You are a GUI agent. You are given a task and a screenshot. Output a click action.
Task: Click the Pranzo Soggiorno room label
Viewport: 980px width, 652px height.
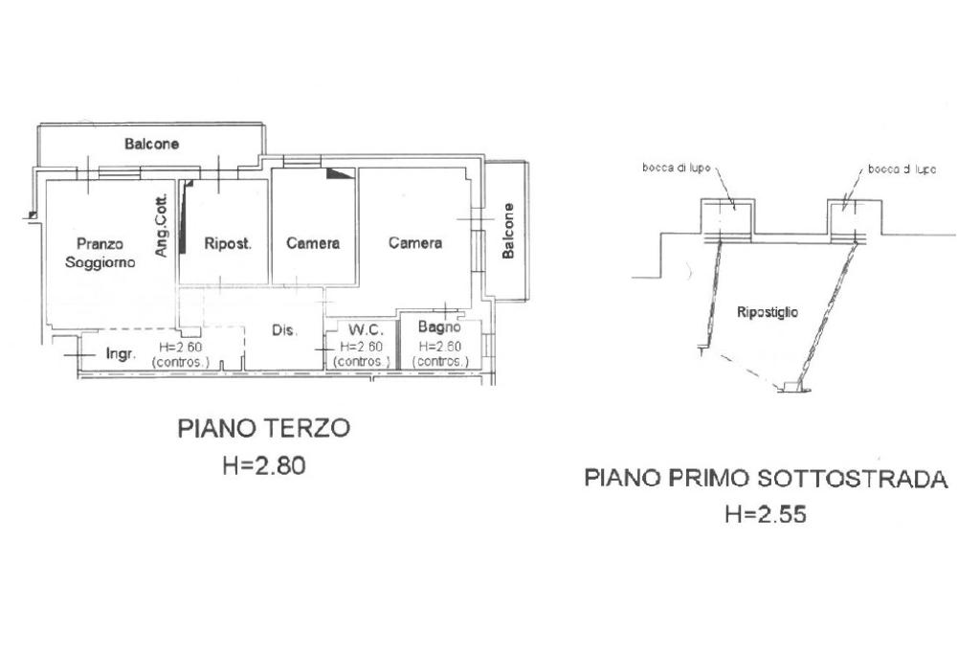tap(100, 253)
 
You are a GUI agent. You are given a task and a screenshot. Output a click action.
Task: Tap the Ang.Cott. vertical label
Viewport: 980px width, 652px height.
tap(161, 225)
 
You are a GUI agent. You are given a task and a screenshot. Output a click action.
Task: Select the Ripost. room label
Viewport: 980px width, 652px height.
tap(228, 244)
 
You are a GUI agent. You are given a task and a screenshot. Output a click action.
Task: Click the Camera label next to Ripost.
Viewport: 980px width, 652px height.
tap(313, 243)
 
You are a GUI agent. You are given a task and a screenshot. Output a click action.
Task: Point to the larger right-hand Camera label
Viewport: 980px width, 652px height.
tap(415, 242)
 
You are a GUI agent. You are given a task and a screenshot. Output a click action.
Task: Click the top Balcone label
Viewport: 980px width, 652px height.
tap(152, 144)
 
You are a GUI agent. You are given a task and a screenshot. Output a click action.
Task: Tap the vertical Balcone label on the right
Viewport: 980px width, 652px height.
tap(508, 231)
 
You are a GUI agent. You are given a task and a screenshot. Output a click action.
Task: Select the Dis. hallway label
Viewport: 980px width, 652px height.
tap(284, 330)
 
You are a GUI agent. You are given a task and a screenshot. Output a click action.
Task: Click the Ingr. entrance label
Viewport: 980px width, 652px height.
tap(121, 354)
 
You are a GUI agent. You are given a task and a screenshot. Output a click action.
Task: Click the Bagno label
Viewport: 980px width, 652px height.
tap(439, 326)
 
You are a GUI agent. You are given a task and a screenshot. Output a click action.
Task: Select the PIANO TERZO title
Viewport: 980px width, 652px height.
tap(264, 429)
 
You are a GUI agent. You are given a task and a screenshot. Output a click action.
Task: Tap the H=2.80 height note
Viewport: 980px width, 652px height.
tap(264, 465)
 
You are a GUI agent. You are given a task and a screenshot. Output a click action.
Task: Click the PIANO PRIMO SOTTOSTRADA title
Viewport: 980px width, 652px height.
tap(767, 479)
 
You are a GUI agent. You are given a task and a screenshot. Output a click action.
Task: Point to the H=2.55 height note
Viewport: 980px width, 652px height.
tap(766, 514)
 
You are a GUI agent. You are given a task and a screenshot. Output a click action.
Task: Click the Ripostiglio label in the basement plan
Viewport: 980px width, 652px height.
tap(768, 312)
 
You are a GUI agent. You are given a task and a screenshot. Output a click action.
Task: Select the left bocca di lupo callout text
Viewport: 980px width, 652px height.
tap(677, 168)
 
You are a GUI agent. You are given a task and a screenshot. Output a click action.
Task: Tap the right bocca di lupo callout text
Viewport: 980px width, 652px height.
tap(902, 169)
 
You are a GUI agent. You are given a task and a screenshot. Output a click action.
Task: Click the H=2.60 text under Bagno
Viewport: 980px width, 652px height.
tap(440, 347)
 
